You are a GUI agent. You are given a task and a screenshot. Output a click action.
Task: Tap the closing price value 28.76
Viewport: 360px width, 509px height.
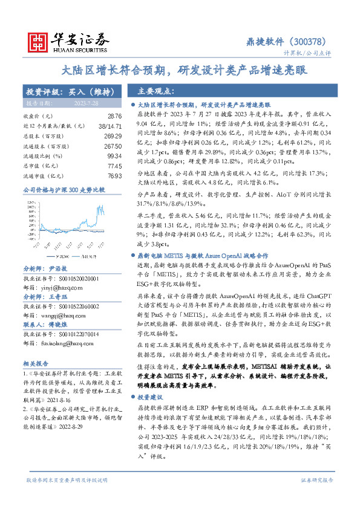click(x=114, y=115)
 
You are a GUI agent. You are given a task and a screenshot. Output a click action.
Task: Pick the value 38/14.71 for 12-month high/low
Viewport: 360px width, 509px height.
click(x=110, y=126)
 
